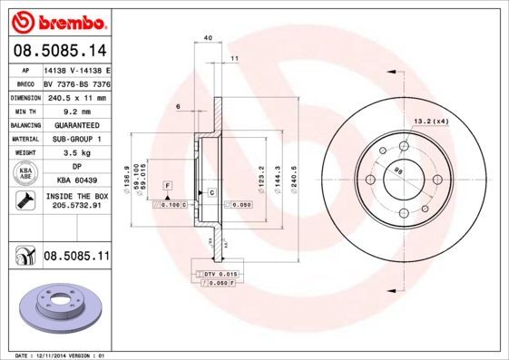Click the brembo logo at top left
[56, 19]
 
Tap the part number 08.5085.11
[76, 257]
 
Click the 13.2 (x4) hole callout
[430, 121]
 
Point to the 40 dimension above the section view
[208, 37]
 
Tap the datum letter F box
[168, 185]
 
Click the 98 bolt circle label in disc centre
[398, 170]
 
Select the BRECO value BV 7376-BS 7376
[76, 82]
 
